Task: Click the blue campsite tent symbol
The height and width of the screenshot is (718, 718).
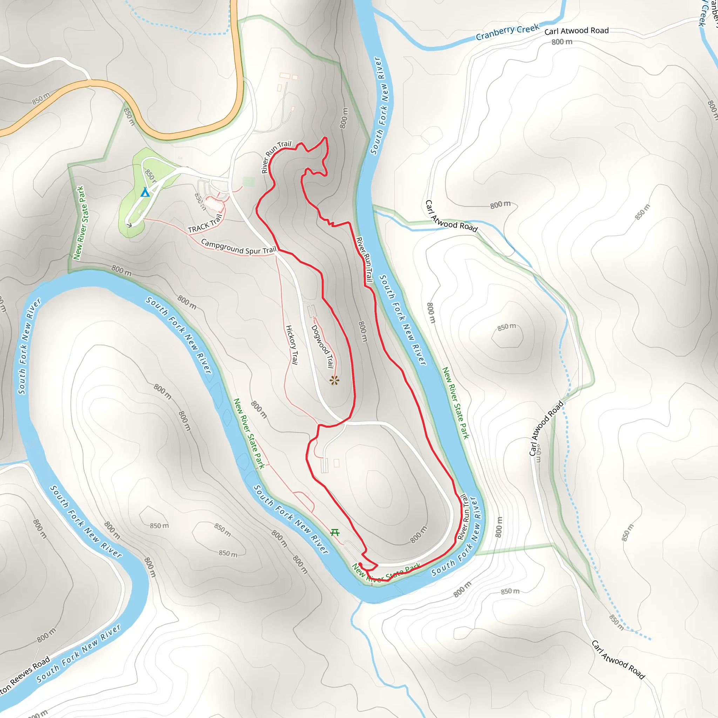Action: [145, 192]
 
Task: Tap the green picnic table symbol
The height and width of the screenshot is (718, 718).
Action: [335, 533]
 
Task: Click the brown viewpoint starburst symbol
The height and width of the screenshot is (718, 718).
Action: [334, 380]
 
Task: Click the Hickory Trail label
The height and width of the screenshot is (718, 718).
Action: [292, 345]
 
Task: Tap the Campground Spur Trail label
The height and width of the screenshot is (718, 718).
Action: [239, 247]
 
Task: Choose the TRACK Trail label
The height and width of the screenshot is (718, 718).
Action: [205, 224]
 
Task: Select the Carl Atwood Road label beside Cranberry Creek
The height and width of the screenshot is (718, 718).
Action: [576, 31]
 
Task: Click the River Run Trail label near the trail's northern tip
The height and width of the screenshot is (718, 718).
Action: [276, 156]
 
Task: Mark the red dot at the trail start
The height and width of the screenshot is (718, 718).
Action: [360, 564]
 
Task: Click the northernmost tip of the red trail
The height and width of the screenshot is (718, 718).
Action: [326, 138]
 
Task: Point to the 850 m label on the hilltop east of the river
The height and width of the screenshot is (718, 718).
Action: [507, 327]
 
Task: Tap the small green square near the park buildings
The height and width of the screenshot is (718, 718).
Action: [249, 182]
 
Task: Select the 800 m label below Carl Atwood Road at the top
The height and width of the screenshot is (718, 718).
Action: [562, 42]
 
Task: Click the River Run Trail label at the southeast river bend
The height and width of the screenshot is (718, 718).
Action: [464, 516]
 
